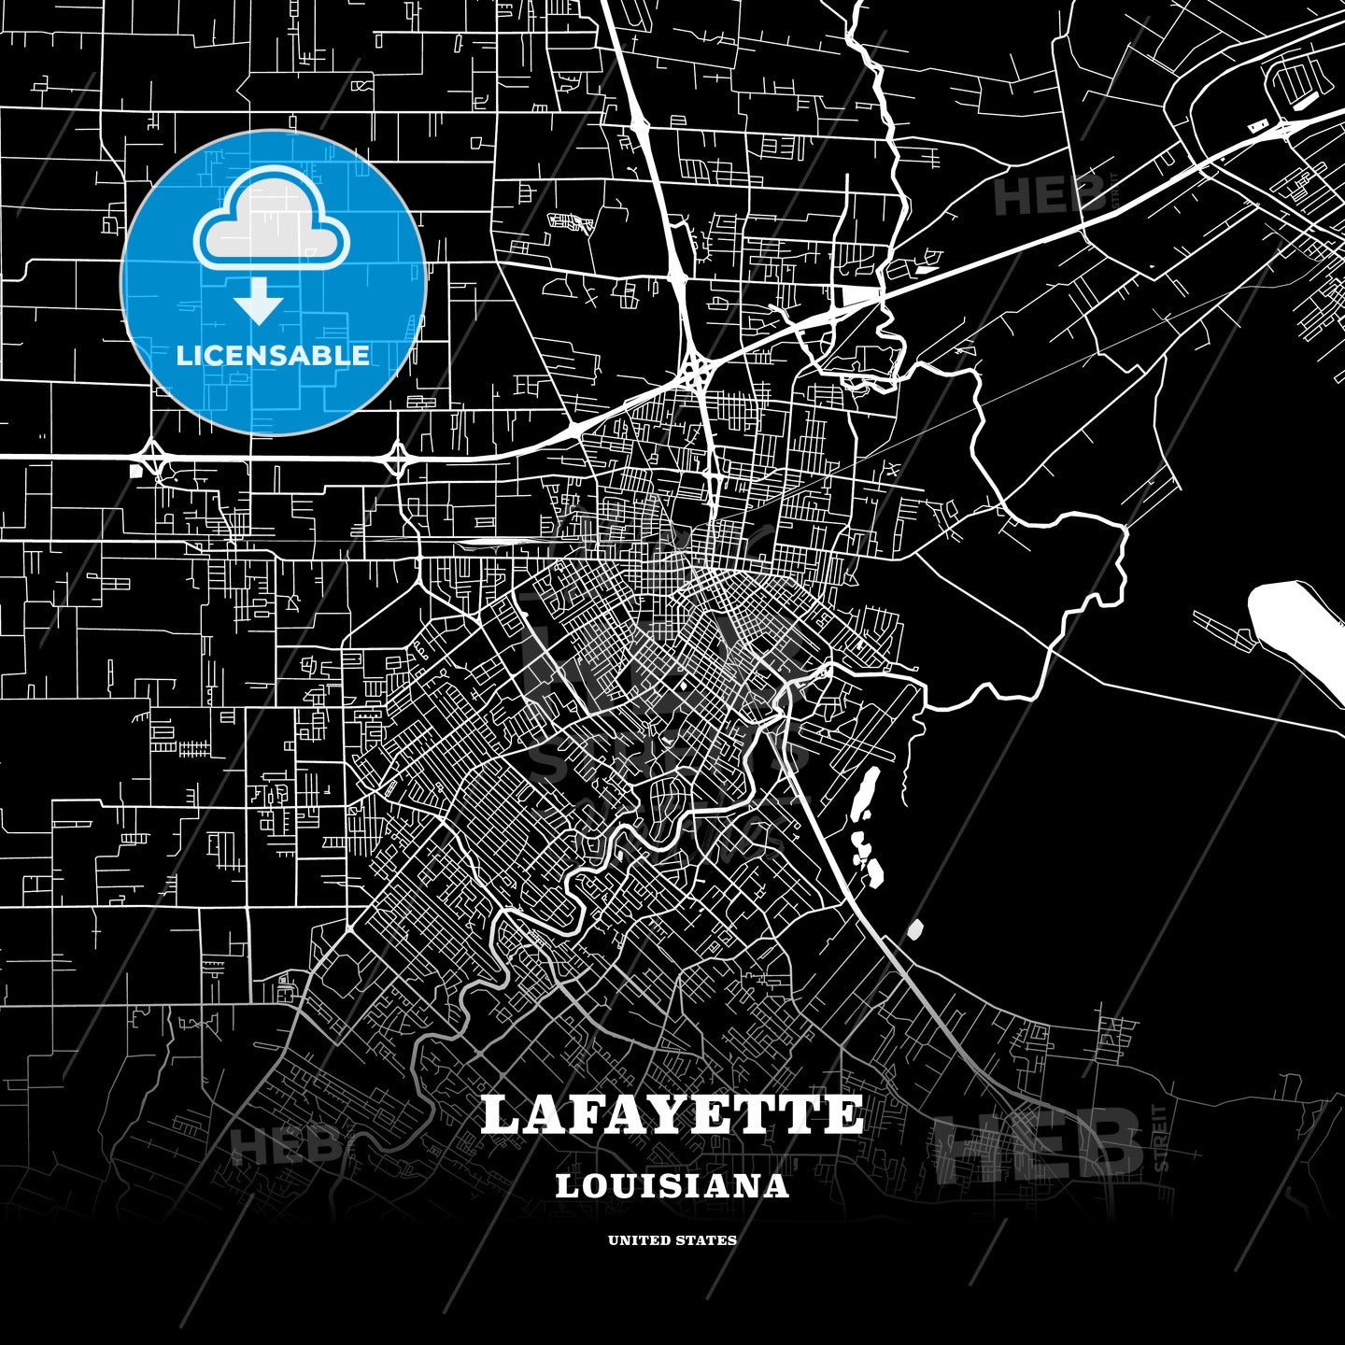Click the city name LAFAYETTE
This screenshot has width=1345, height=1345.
672,1115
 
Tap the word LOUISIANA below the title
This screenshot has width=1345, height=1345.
672,1186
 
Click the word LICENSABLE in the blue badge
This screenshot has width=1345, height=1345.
273,356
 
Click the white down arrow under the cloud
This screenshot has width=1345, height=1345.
259,302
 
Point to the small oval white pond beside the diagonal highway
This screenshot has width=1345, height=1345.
915,929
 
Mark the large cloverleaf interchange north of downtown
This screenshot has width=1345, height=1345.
696,372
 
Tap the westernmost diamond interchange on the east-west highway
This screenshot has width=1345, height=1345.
149,458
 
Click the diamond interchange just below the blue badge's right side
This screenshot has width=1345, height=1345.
397,457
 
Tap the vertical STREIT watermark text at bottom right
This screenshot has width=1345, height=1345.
1161,1138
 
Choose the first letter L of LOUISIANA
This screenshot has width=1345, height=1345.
568,1186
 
